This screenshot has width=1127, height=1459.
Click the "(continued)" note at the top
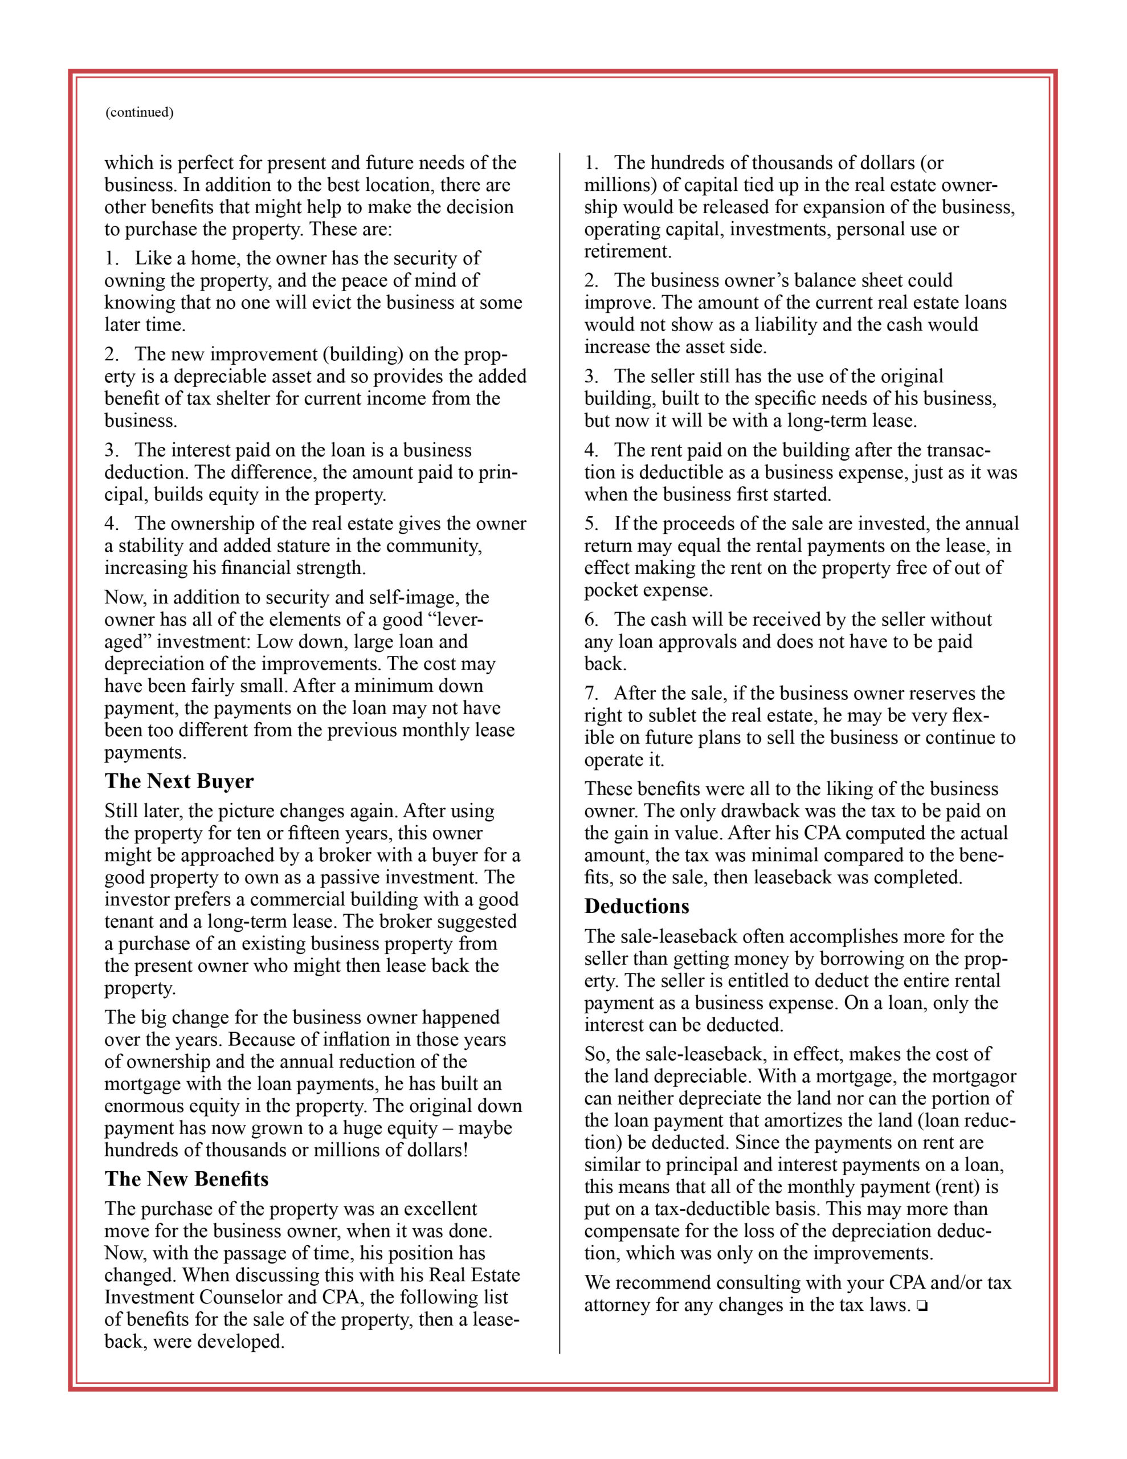pyautogui.click(x=139, y=112)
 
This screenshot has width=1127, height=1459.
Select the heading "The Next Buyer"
pyautogui.click(x=179, y=781)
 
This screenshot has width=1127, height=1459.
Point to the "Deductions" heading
pyautogui.click(x=636, y=907)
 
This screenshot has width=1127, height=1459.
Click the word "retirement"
pyautogui.click(x=627, y=251)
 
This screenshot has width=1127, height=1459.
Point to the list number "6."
pyautogui.click(x=591, y=620)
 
